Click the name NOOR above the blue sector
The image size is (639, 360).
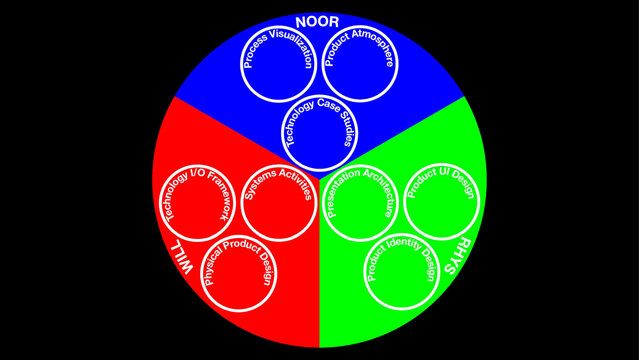[317, 22]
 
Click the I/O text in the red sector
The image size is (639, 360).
[197, 174]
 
